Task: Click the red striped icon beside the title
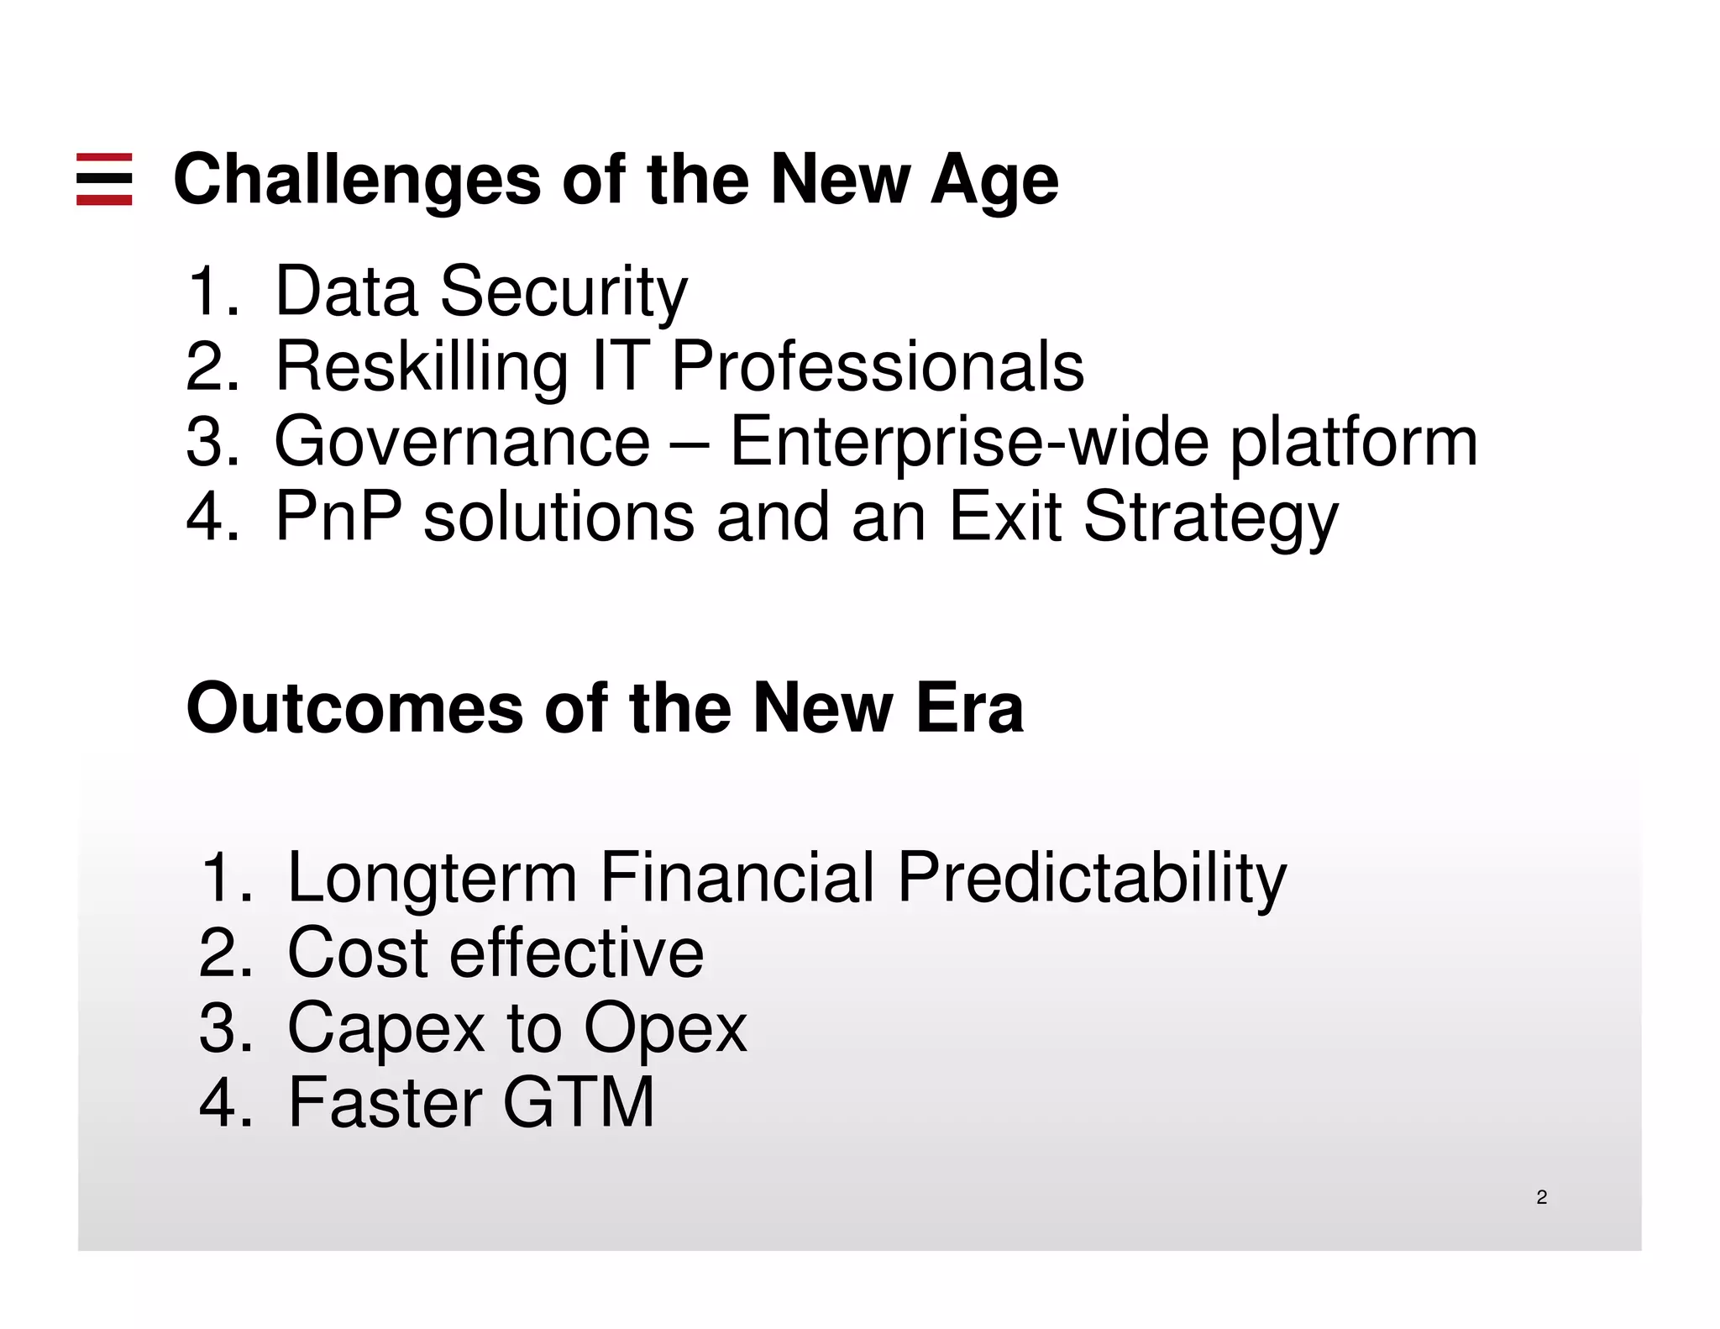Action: [x=104, y=179]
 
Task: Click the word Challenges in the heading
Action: [x=357, y=181]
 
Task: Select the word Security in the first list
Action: [x=564, y=292]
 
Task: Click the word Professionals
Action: [x=877, y=367]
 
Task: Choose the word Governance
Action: [x=462, y=443]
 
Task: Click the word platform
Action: [x=1353, y=443]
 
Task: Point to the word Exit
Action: [x=1004, y=517]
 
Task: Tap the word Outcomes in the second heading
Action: [x=354, y=709]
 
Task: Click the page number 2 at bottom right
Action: [x=1541, y=1198]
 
